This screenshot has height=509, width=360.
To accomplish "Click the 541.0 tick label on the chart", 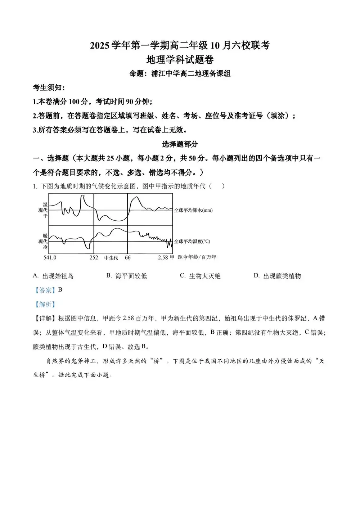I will [x=50, y=257].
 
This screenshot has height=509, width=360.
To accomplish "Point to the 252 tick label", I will [x=94, y=257].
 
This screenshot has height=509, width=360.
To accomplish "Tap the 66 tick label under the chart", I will [x=128, y=257].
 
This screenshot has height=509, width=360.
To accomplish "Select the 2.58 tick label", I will [x=163, y=257].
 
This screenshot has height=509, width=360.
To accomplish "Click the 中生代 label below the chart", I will [x=111, y=258].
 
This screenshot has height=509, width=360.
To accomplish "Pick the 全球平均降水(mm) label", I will [x=193, y=210].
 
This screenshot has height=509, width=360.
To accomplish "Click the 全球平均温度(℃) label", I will [x=192, y=242].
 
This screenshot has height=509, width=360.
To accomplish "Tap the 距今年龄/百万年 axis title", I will [x=197, y=257].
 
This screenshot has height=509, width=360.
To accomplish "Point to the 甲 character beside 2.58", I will [x=172, y=257].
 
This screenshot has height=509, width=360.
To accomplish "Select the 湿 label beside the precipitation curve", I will [x=45, y=204].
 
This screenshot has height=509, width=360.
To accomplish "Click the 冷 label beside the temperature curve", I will [x=45, y=247].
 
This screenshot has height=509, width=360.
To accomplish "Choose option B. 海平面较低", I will [x=126, y=276].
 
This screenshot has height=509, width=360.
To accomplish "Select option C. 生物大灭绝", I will [x=200, y=276].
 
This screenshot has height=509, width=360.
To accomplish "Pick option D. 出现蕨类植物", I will [x=277, y=276].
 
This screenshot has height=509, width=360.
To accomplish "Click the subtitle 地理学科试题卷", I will [x=180, y=59].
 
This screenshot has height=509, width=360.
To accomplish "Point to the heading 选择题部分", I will [x=180, y=144].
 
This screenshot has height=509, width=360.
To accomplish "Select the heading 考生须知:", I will [x=49, y=87].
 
